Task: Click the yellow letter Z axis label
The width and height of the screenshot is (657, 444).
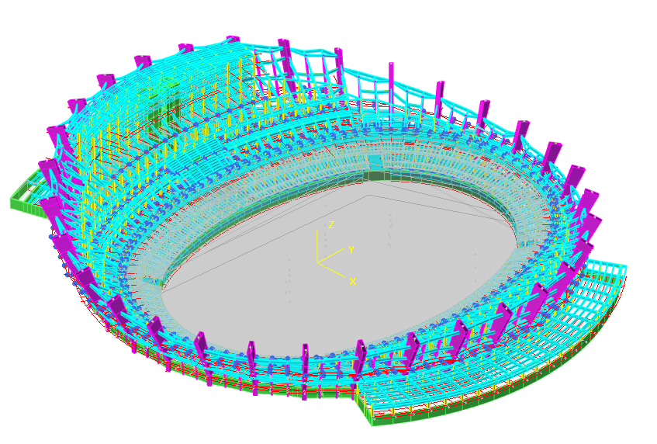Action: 331,225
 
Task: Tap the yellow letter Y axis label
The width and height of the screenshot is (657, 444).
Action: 351,250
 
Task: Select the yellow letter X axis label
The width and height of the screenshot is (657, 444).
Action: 353,282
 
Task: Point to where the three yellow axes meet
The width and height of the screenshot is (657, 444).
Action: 317,262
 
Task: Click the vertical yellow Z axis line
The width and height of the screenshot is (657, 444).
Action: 317,247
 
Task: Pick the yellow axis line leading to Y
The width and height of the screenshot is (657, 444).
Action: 330,255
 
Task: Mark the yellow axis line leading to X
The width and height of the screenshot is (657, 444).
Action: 331,269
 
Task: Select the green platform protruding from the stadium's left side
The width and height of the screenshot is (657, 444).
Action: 30,195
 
